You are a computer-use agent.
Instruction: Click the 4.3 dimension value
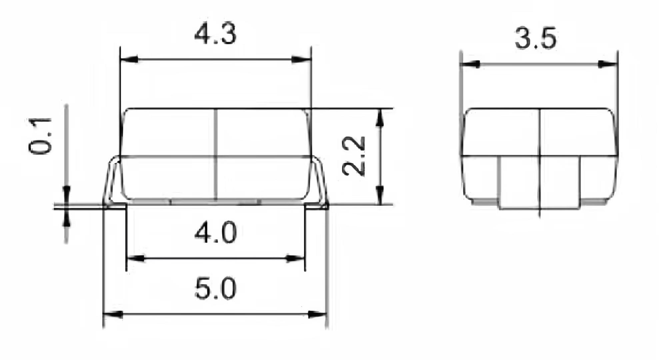(x=215, y=34)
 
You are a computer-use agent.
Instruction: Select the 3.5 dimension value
(x=535, y=39)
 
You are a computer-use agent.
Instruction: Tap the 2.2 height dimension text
(x=354, y=156)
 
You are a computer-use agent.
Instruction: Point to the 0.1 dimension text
(x=40, y=136)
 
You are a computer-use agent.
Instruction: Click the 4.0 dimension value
(x=215, y=233)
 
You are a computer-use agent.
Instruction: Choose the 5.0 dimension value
(x=215, y=289)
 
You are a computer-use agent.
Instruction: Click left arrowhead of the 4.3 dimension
(x=129, y=60)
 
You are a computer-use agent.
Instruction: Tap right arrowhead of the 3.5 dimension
(x=607, y=64)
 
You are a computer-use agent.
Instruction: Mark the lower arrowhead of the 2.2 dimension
(x=379, y=194)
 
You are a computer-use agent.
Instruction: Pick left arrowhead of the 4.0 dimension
(x=136, y=258)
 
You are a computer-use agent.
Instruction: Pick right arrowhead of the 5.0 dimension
(x=317, y=314)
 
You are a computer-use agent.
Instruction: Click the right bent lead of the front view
(x=321, y=182)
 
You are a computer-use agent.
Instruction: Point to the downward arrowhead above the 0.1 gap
(x=67, y=193)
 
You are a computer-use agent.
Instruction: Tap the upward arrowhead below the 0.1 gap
(x=67, y=219)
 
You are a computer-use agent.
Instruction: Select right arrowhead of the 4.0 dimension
(x=295, y=258)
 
